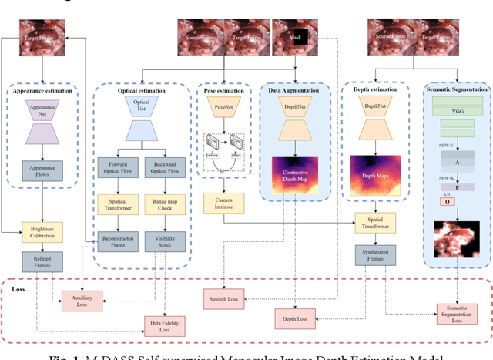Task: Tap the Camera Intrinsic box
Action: [x=223, y=204]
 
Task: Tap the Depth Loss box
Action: [x=295, y=317]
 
